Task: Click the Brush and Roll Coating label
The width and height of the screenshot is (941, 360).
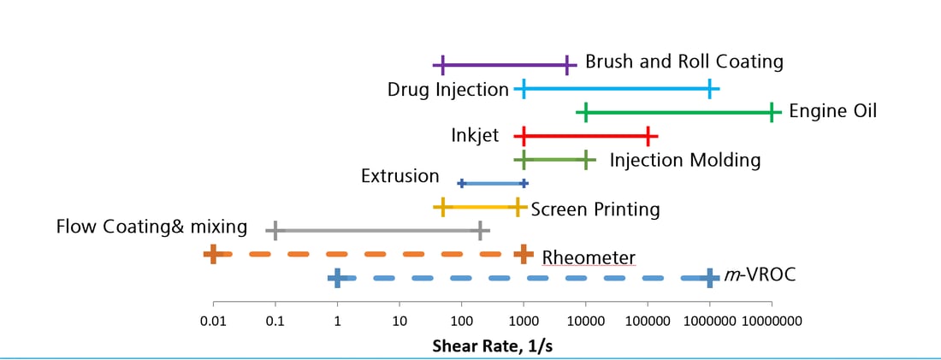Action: click(684, 62)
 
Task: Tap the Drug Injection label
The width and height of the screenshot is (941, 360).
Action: click(447, 89)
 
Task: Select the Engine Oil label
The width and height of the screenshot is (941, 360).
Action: click(832, 111)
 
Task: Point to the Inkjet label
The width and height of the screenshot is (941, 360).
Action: click(475, 135)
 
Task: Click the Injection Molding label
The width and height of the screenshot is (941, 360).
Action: click(684, 160)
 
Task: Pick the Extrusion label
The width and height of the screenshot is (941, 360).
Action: click(399, 176)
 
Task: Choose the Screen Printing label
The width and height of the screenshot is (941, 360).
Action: click(595, 209)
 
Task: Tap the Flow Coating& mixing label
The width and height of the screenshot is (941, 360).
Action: click(151, 227)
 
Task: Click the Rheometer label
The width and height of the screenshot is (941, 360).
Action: click(589, 257)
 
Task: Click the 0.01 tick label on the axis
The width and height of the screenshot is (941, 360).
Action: click(213, 322)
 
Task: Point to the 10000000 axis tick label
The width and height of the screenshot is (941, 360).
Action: click(772, 322)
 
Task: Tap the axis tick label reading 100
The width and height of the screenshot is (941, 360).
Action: click(461, 322)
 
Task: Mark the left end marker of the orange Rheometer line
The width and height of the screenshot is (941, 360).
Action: click(213, 254)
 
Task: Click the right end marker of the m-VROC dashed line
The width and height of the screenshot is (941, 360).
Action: click(710, 278)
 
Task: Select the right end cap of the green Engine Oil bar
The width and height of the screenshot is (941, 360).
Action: click(772, 112)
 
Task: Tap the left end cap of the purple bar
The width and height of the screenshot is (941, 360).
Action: click(442, 64)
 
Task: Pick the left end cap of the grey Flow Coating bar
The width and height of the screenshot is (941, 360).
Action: click(275, 230)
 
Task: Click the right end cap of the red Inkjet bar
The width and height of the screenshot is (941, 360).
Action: click(648, 136)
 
